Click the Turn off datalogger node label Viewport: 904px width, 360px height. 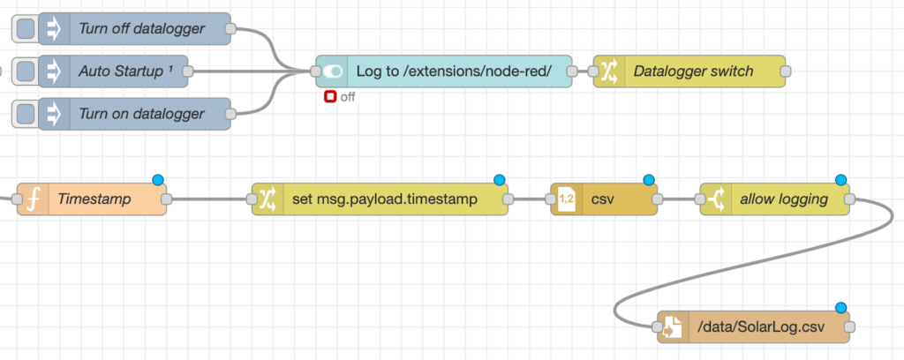click(x=141, y=29)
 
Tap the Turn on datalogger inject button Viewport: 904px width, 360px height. click(x=26, y=114)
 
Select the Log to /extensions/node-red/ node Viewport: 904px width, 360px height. click(x=453, y=71)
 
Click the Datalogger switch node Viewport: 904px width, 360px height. click(x=693, y=71)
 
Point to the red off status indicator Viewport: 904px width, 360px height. click(x=330, y=97)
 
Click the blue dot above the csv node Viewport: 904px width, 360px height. click(x=649, y=180)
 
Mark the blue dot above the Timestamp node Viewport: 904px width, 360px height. click(x=158, y=180)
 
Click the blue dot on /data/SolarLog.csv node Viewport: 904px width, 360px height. click(x=840, y=308)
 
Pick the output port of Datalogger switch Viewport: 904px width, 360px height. click(x=786, y=71)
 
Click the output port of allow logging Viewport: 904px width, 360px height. click(x=849, y=199)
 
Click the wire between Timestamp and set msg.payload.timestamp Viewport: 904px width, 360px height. click(x=208, y=199)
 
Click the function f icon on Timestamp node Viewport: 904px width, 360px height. click(x=34, y=199)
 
